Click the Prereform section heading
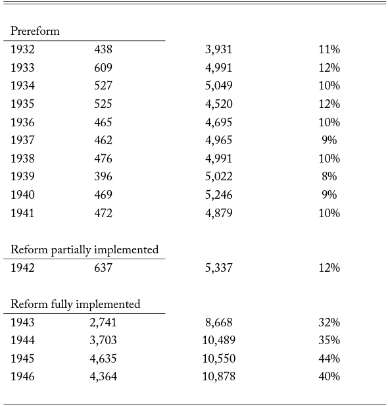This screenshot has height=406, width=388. click(35, 31)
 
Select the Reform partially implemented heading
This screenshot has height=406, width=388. click(84, 250)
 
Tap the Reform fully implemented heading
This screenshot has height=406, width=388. click(76, 304)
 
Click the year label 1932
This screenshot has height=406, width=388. click(22, 49)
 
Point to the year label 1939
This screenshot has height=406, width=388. click(22, 176)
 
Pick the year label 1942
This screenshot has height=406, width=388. click(22, 267)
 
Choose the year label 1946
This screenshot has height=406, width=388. click(22, 376)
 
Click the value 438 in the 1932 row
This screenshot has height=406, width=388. click(103, 49)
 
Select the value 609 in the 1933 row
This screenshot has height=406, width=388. click(103, 68)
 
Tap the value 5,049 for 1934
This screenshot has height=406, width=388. click(219, 86)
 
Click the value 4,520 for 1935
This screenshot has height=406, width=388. click(219, 104)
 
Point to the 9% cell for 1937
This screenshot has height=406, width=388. click(329, 140)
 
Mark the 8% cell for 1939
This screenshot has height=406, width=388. click(329, 176)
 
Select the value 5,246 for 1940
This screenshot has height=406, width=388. click(219, 195)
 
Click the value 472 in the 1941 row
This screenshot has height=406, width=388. click(103, 213)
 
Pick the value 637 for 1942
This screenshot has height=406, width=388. click(103, 267)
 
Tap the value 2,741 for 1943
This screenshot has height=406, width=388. click(103, 322)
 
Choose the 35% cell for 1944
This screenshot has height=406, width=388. click(329, 340)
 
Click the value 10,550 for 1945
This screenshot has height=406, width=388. click(219, 359)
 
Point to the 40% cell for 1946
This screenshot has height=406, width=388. click(329, 376)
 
